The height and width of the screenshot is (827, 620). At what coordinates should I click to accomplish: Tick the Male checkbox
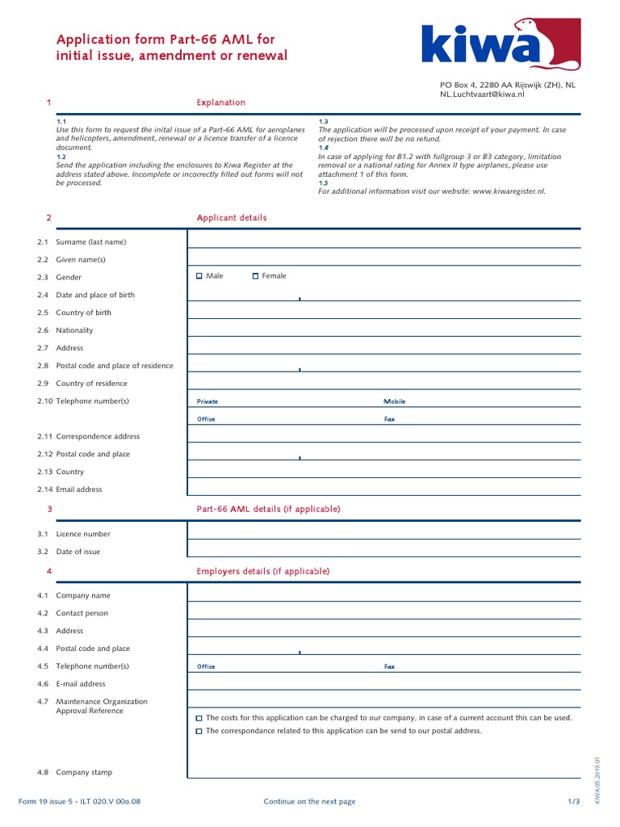pyautogui.click(x=200, y=276)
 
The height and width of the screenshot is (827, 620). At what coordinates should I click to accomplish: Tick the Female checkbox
pyautogui.click(x=255, y=276)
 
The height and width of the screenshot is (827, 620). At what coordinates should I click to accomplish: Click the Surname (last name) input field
pyautogui.click(x=383, y=241)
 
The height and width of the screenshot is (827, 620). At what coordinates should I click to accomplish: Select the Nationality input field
pyautogui.click(x=383, y=330)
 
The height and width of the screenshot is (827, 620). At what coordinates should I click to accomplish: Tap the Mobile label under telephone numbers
pyautogui.click(x=394, y=401)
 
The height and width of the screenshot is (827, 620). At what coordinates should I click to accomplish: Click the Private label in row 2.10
pyautogui.click(x=207, y=401)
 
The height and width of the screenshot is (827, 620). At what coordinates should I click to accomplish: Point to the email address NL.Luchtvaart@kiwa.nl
pyautogui.click(x=481, y=94)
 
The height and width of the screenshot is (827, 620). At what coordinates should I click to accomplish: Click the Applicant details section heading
pyautogui.click(x=232, y=218)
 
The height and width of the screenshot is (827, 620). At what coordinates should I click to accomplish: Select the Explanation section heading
pyautogui.click(x=221, y=103)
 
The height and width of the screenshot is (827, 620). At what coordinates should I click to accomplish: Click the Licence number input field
pyautogui.click(x=383, y=532)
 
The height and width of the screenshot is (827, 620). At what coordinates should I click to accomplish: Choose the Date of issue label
pyautogui.click(x=78, y=552)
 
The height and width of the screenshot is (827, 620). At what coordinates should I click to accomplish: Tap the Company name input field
pyautogui.click(x=383, y=594)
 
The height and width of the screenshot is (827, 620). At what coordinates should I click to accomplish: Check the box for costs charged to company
pyautogui.click(x=200, y=718)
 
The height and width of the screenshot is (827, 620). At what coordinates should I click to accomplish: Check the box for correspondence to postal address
pyautogui.click(x=200, y=731)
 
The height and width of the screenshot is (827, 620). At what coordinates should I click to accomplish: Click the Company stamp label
pyautogui.click(x=83, y=772)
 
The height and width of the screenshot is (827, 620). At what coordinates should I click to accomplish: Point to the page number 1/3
pyautogui.click(x=573, y=801)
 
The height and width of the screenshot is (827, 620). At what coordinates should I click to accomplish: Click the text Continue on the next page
pyautogui.click(x=309, y=801)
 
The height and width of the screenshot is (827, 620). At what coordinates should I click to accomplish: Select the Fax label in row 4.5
pyautogui.click(x=389, y=667)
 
